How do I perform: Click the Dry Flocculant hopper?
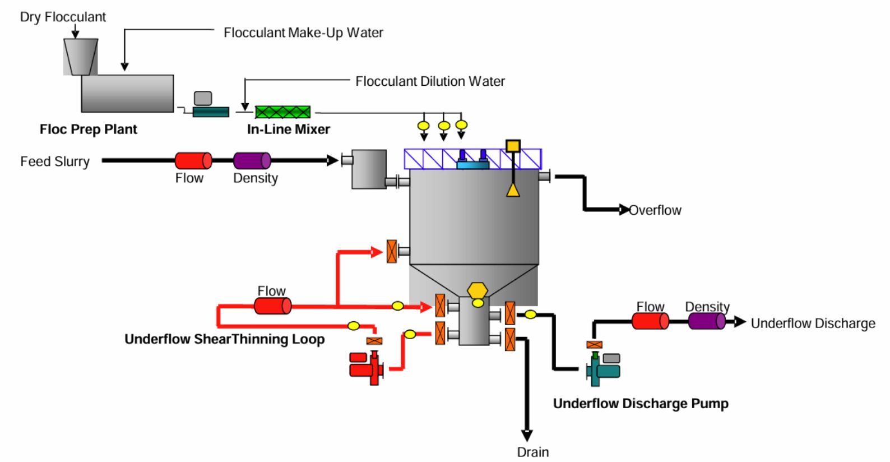coord(81,56)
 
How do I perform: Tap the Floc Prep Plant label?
coord(88,130)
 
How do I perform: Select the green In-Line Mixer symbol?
coord(282,112)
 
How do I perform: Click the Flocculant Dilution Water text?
coord(430,81)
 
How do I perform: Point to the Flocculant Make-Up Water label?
coord(303,33)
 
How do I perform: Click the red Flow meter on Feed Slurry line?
coord(193,161)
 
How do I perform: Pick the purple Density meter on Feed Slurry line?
coord(252,161)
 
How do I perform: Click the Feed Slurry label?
coord(55,161)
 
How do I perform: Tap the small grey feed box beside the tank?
coord(369,168)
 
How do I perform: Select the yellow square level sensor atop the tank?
coord(513,146)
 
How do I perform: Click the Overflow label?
coord(655,210)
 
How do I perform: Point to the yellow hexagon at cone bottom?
coord(478,290)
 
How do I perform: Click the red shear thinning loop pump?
coord(366,368)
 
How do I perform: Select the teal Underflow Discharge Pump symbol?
coord(603,369)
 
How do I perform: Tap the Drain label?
coord(532,452)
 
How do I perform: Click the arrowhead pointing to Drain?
coord(526,435)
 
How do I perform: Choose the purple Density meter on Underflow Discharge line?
coord(707,321)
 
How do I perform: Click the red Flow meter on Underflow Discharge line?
coord(650,321)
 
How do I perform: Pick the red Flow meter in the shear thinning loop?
coord(272,306)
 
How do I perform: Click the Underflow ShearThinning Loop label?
coord(224,339)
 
